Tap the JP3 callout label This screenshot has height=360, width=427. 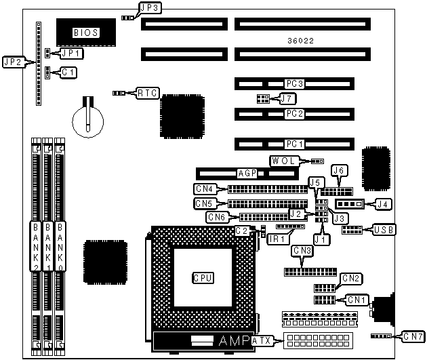148,8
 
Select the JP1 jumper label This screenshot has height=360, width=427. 70,52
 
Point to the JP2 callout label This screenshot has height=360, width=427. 12,62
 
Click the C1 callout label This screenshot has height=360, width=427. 68,71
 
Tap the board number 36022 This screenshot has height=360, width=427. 300,41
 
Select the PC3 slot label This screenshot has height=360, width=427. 294,84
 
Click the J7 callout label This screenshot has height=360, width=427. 287,99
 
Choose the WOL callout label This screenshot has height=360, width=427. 284,161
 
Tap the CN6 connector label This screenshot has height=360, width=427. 217,217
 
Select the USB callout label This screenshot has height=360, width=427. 384,230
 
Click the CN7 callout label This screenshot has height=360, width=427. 413,336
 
